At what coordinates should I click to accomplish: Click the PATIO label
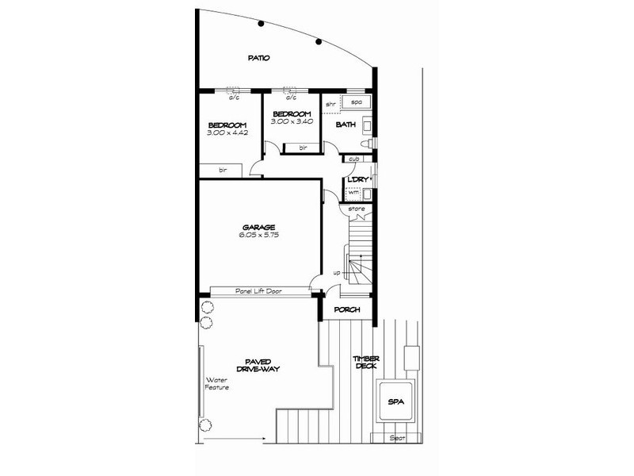tap(258, 58)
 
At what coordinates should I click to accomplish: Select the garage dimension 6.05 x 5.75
tap(259, 236)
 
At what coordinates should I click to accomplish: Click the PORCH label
tap(348, 309)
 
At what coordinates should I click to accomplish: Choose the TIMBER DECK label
tap(365, 363)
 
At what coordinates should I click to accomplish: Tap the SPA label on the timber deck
tap(395, 403)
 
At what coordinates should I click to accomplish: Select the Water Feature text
tap(217, 383)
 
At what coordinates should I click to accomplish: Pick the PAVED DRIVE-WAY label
tap(259, 366)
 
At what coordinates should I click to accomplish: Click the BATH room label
tap(346, 125)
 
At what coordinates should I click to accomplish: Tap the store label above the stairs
tap(356, 209)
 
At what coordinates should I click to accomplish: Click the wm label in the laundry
tap(353, 193)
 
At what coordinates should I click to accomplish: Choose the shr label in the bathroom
tap(330, 105)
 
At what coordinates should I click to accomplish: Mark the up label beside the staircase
tap(337, 272)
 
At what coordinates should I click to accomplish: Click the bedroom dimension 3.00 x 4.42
tap(227, 133)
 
